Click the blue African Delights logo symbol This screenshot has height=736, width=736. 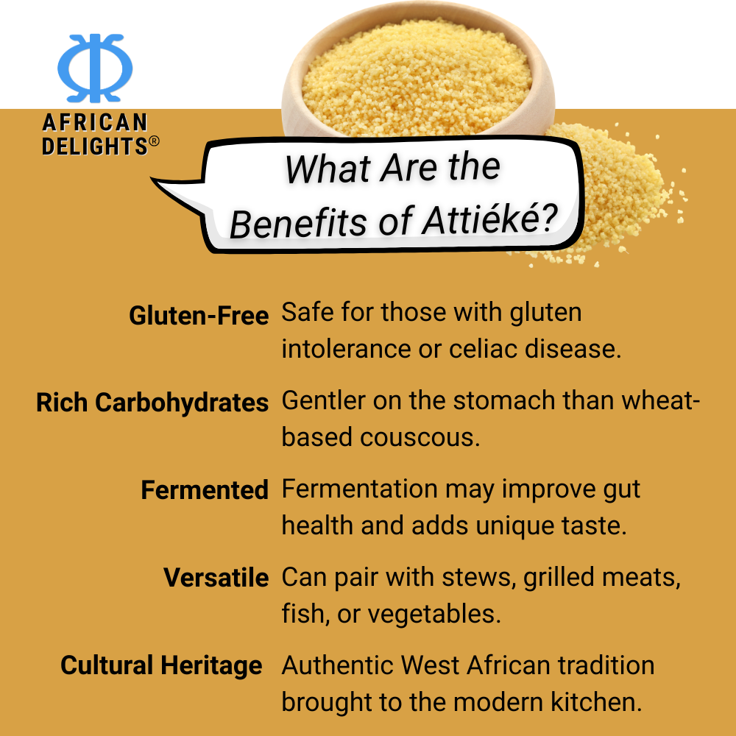pos(95,68)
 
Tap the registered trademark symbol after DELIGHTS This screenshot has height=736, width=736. pos(154,141)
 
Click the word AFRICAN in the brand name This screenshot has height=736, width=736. pos(95,123)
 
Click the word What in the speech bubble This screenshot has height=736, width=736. pos(328,169)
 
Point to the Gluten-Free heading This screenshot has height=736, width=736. pos(199,315)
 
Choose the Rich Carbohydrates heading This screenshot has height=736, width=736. pos(152,403)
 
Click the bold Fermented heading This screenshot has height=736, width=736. pos(205,490)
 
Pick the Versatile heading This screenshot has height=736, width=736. pos(216,578)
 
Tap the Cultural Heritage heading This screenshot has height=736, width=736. pos(161,666)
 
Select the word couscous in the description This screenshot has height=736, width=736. pos(420,437)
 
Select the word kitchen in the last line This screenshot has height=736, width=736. pos(596,701)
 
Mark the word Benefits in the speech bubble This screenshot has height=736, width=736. pos(298,222)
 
